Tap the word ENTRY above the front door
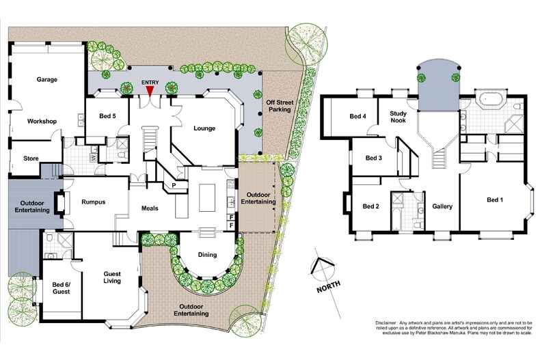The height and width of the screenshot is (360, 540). tap(150, 82)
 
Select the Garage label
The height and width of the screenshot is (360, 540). tap(47, 79)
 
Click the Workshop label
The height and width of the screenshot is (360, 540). tap(42, 121)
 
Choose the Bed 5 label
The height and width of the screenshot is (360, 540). tap(107, 116)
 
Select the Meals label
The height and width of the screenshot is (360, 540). tap(150, 208)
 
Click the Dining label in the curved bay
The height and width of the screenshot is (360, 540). tap(206, 255)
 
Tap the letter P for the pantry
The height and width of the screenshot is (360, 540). tap(175, 184)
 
